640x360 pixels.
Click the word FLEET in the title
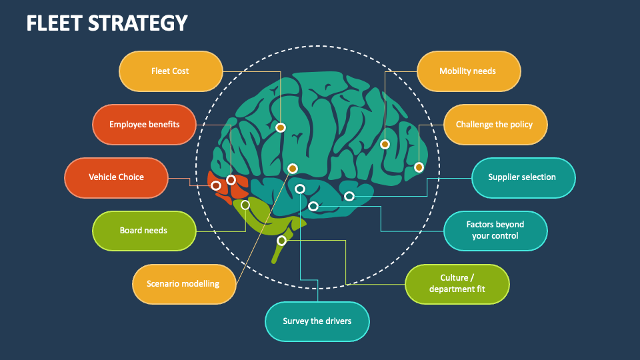coord(55,23)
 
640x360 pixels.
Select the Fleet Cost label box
coord(171,71)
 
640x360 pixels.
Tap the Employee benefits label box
coord(144,125)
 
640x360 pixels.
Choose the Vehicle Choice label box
coord(116,177)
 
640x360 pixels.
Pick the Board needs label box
coord(143,231)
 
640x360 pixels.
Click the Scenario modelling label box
coord(183,284)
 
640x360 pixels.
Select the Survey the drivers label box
coord(317,321)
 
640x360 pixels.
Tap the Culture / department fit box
coord(457,284)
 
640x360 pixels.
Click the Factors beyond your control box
coord(495,231)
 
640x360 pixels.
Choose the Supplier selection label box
coord(523,177)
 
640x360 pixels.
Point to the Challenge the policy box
coord(495,125)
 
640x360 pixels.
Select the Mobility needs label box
coord(468,71)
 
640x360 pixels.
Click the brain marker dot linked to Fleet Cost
coord(281,127)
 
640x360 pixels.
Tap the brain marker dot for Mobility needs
coord(385,144)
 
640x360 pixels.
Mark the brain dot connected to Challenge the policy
coord(419,167)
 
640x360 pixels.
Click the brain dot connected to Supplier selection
coord(349,196)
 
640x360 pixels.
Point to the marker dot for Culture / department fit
coord(281,241)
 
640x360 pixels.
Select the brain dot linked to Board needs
coord(245,205)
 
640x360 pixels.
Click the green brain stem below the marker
coord(276,253)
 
